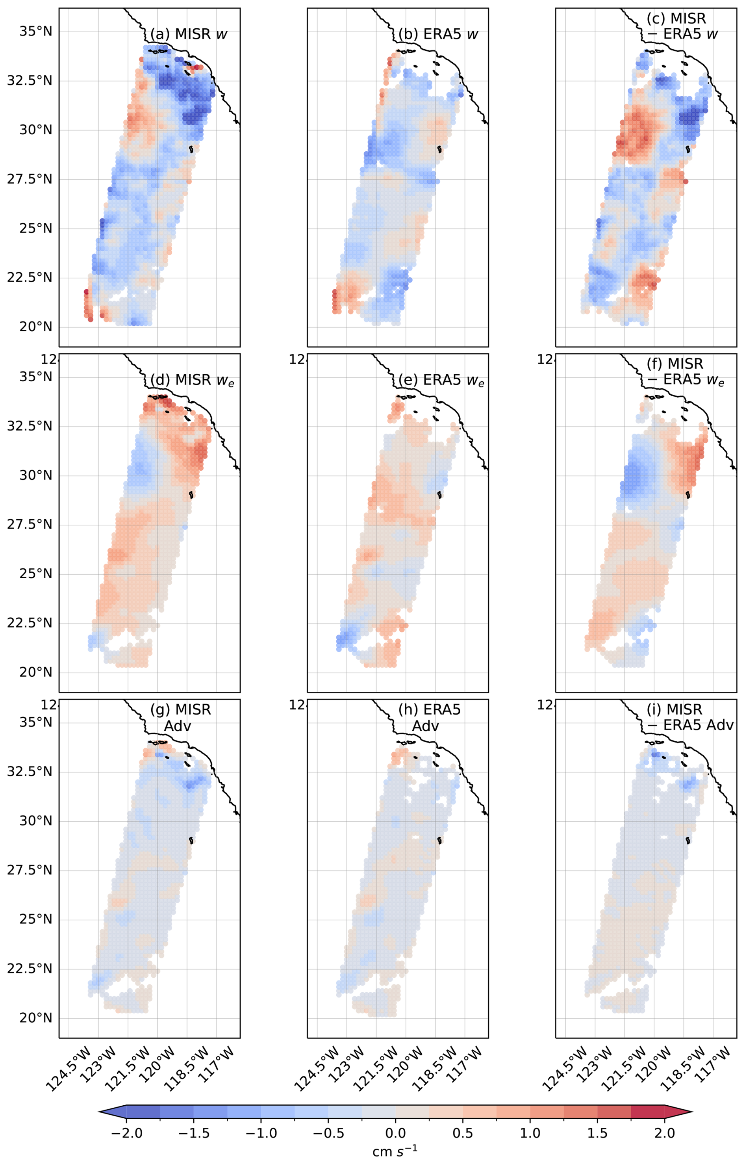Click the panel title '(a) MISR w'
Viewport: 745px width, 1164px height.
189,34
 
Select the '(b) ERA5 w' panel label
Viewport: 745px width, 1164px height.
438,34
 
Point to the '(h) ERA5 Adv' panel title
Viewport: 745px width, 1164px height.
429,717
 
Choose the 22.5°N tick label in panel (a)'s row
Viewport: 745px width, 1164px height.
29,278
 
